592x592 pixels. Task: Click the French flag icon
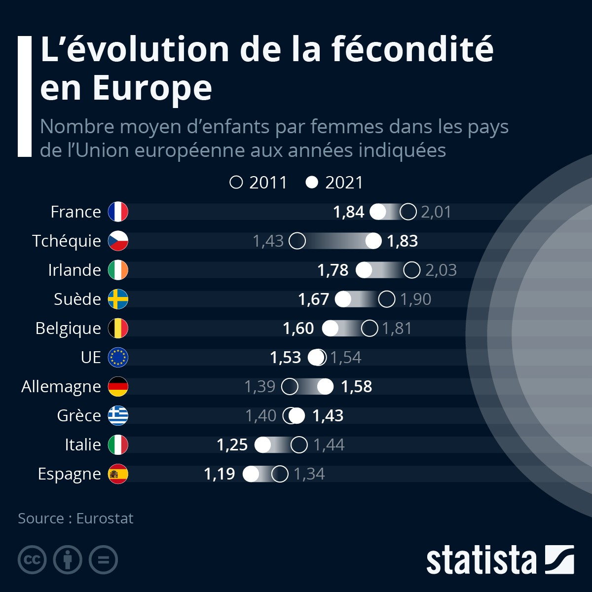click(x=118, y=212)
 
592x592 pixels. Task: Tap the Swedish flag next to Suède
click(x=118, y=299)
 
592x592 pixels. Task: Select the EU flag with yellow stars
click(x=118, y=357)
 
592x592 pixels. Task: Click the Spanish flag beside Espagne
click(x=118, y=474)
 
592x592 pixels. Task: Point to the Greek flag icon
click(x=118, y=415)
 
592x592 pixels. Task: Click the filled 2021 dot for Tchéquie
click(x=373, y=241)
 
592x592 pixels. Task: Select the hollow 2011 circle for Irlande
click(x=411, y=270)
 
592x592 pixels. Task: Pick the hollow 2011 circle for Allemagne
click(x=290, y=386)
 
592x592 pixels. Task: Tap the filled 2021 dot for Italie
click(x=263, y=444)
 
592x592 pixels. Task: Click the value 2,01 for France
click(x=436, y=212)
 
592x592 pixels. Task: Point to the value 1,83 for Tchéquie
click(x=402, y=241)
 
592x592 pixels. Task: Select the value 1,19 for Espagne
click(x=219, y=474)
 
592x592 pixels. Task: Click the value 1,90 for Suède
click(x=415, y=299)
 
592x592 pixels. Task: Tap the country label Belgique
click(x=68, y=329)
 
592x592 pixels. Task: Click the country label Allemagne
click(x=61, y=387)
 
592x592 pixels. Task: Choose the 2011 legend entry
click(x=259, y=183)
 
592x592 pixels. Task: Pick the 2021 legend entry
click(x=335, y=183)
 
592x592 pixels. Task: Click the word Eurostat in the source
click(x=105, y=518)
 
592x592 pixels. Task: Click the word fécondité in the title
click(x=412, y=49)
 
